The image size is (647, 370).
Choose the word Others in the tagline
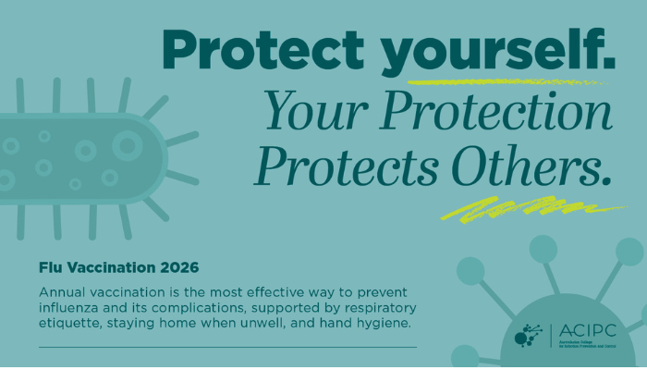531,168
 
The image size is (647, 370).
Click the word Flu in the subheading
52,268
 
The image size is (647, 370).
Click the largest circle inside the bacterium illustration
127,146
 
